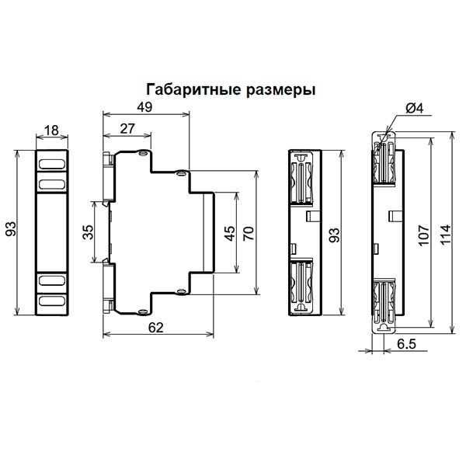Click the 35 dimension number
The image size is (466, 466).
tap(88, 231)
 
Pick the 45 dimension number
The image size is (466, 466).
tap(230, 234)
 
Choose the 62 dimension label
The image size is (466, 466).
tap(156, 328)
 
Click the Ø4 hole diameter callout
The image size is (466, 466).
tap(414, 110)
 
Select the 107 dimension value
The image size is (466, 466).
tap(423, 233)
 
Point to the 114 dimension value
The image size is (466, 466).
tap(445, 233)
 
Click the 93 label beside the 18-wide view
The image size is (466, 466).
tap(10, 231)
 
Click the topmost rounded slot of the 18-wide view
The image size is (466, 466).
tap(53, 164)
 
